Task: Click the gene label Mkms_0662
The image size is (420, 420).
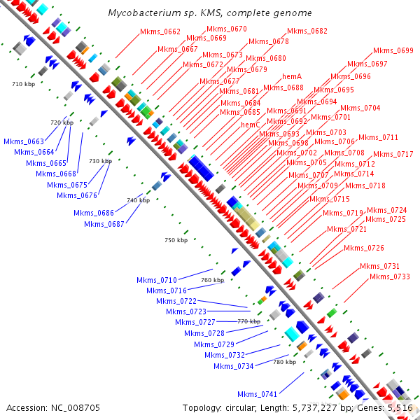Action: tap(160, 31)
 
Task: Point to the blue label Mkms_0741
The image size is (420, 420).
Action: tap(257, 394)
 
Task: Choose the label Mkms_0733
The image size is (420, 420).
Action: tap(389, 276)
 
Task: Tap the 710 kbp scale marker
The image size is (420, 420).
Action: tap(23, 84)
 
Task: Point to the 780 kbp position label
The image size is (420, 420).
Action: tap(284, 362)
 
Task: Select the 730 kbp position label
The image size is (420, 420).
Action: tap(100, 161)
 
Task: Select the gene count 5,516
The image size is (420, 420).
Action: tap(400, 407)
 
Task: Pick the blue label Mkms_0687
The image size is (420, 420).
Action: tap(104, 224)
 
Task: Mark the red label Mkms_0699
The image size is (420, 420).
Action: tap(393, 50)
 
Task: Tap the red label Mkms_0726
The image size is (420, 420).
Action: tap(363, 248)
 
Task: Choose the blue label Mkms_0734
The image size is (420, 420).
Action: tap(233, 366)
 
